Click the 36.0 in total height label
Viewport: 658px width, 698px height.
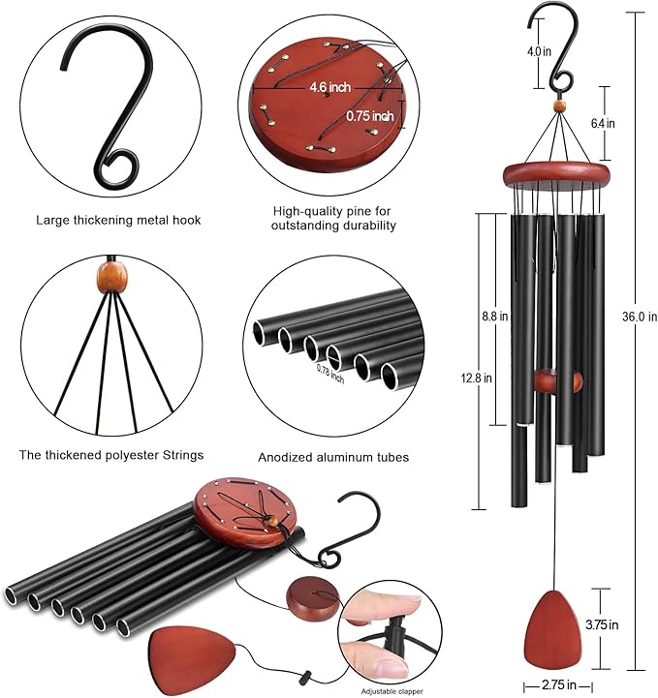tap(638, 317)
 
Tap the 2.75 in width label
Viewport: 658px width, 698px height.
tap(551, 685)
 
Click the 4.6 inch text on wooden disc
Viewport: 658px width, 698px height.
tap(329, 87)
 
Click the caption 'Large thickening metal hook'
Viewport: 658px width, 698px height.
tap(118, 220)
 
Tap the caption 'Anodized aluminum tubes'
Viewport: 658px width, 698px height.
tap(333, 457)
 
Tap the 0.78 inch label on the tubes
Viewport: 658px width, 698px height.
tap(329, 371)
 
